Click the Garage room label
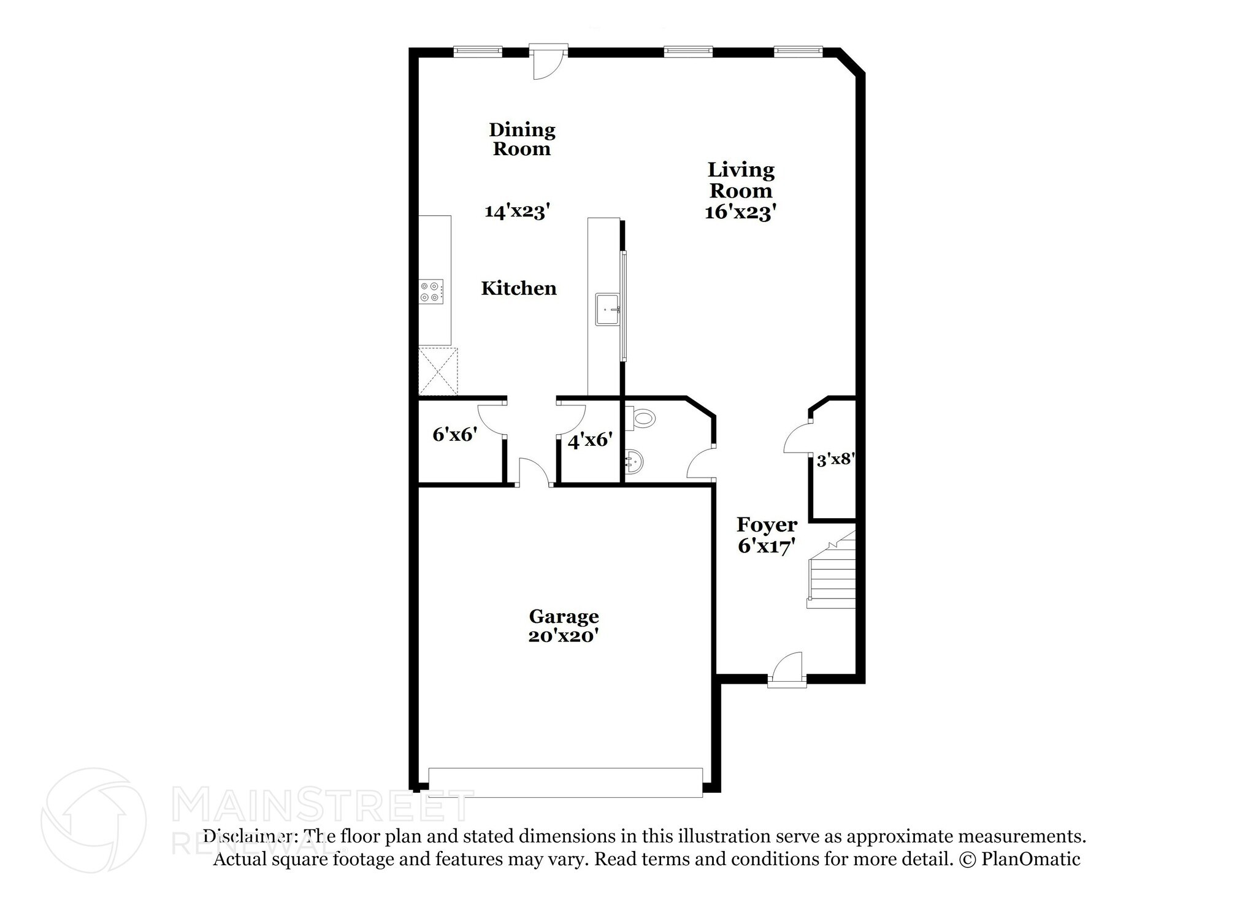tap(564, 616)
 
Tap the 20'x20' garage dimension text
tap(563, 636)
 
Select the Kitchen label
tap(519, 288)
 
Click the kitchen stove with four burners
tap(431, 291)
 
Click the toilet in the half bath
tap(640, 419)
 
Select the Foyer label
tap(767, 525)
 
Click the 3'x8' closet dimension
tap(835, 459)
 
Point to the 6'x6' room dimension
tap(454, 435)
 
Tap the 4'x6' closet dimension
tap(589, 440)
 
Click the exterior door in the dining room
tap(549, 61)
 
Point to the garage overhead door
tap(565, 782)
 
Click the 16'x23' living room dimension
tap(741, 212)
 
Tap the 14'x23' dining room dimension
tap(517, 212)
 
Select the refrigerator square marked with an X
tap(438, 371)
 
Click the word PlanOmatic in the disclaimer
tap(1030, 859)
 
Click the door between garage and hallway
tap(534, 472)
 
